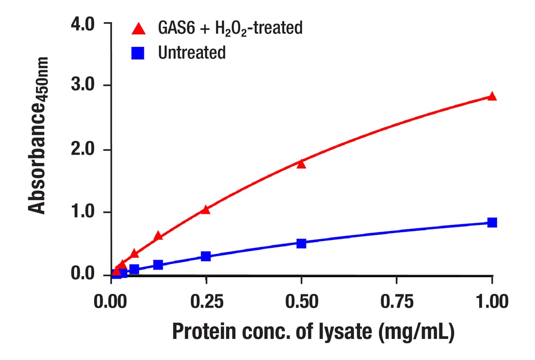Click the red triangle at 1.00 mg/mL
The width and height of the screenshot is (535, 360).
[492, 96]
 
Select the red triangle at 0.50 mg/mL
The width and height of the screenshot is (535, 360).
[301, 164]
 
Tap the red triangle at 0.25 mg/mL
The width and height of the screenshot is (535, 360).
[205, 210]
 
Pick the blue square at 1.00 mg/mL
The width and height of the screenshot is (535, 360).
[492, 222]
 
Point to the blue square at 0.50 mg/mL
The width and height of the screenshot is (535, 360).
[301, 243]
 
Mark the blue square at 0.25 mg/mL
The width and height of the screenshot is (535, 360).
[205, 256]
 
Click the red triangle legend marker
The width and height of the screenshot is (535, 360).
[138, 29]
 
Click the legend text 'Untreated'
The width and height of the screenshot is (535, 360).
[192, 53]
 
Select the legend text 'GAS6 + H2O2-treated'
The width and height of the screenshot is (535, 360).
[230, 29]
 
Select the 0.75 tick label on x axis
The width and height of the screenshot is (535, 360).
[396, 302]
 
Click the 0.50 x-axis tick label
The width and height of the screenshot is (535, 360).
[301, 302]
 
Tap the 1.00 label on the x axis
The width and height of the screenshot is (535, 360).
[491, 302]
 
